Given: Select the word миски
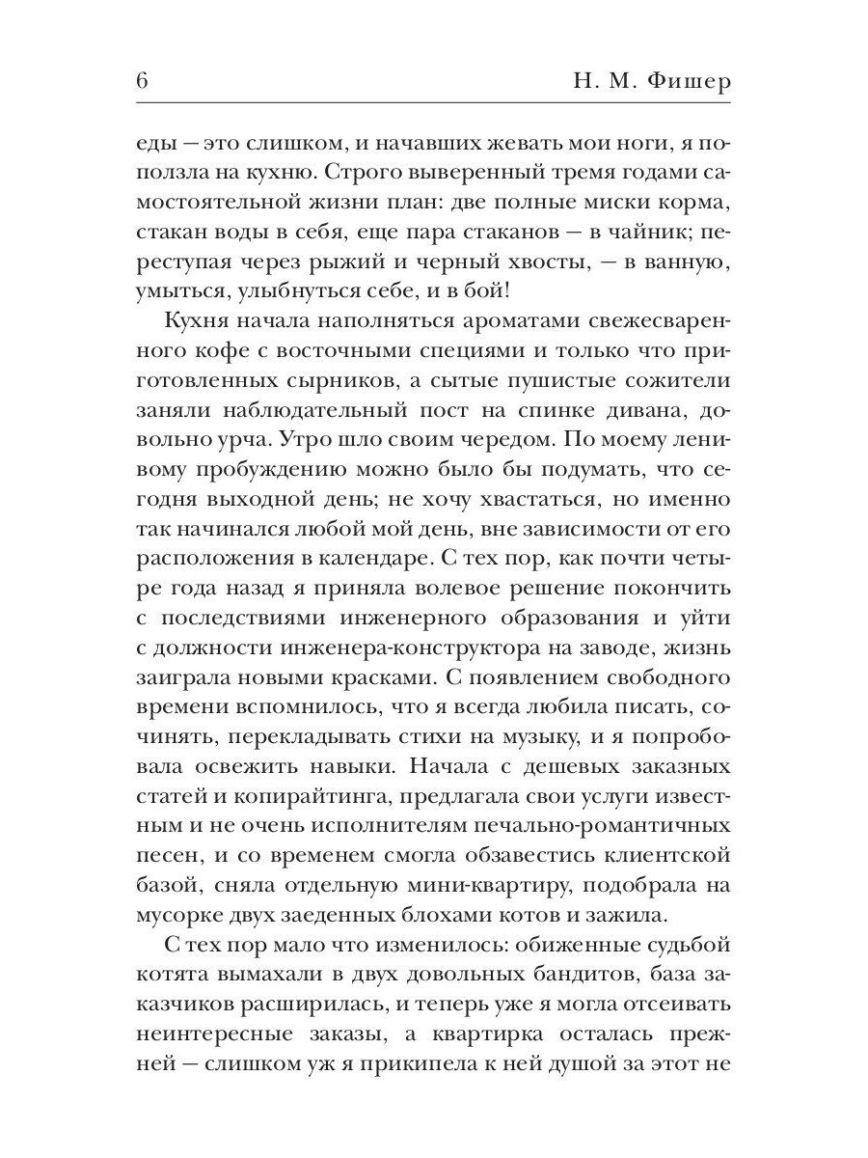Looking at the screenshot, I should click(578, 206).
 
